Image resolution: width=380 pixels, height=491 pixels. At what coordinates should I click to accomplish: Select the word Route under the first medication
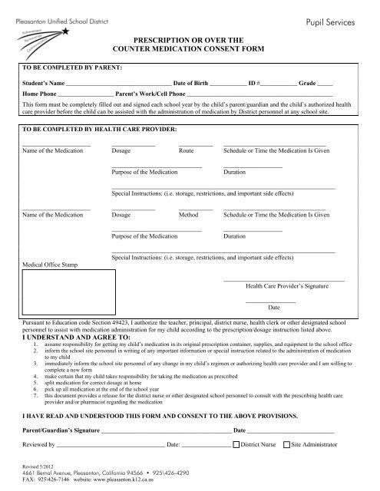pos(187,151)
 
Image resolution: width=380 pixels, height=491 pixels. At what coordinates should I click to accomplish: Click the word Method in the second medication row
pos(188,216)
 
